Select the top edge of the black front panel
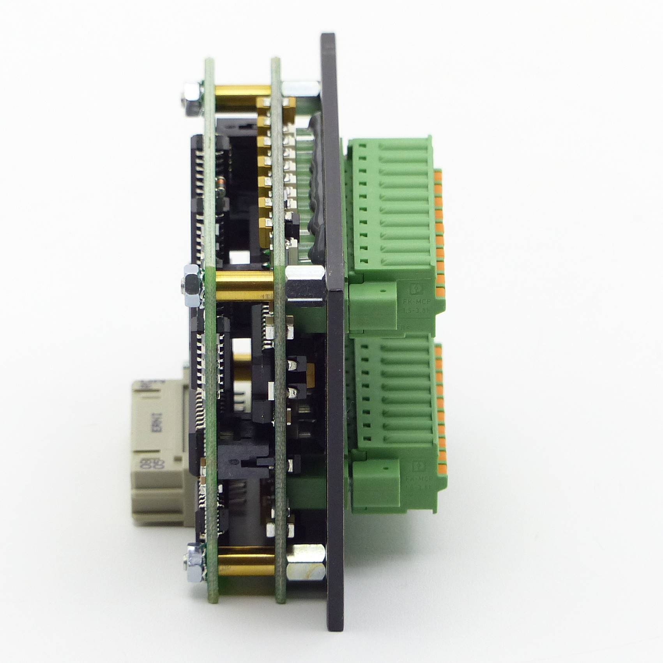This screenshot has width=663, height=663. [x=327, y=35]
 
